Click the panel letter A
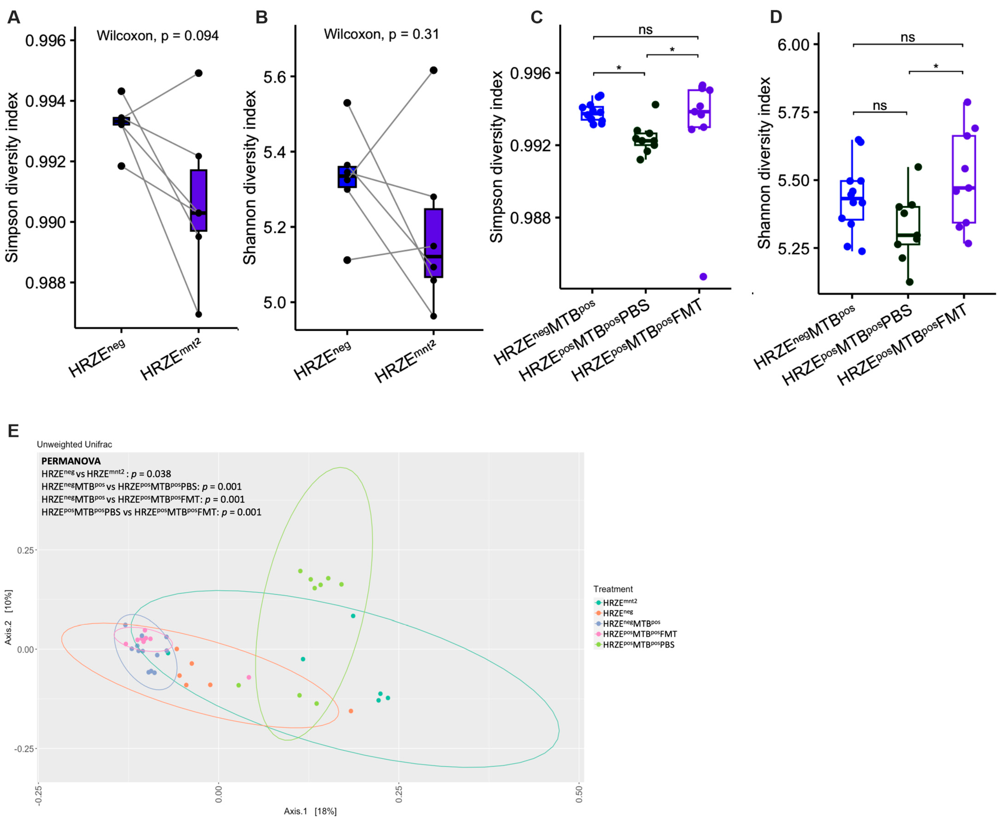pos(14,17)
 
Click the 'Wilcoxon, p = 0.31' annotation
pos(381,34)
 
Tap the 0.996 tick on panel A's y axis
pos(45,41)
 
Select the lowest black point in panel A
pos(199,314)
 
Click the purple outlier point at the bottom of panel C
pos(703,277)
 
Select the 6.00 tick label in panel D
pos(793,45)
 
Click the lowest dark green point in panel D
pos(910,282)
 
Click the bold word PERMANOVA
pos(71,461)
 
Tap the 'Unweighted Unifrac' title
pos(74,444)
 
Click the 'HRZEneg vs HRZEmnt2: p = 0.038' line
pos(106,474)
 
